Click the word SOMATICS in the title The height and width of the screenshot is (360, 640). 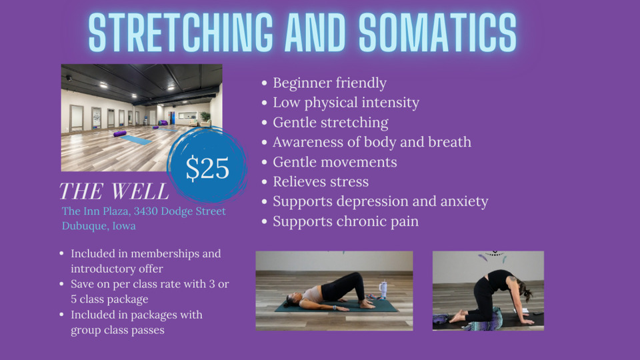point(437,33)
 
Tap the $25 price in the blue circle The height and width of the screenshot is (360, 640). point(207,168)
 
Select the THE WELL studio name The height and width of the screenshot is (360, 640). point(114,191)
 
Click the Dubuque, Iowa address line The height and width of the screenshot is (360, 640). point(99,226)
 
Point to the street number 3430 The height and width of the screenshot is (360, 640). point(145,211)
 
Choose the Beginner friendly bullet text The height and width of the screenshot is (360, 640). point(330,83)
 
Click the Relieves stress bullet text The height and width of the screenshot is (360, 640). point(321,181)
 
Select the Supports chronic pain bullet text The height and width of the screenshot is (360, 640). point(346,221)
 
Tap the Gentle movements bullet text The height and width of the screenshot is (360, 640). point(335,162)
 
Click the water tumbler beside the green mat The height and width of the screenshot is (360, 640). point(383,290)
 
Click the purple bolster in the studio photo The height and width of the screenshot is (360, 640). point(119,133)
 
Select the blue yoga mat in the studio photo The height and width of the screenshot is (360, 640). point(136,140)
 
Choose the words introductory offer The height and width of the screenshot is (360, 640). point(117,269)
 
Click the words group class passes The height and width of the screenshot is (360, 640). point(117,330)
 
